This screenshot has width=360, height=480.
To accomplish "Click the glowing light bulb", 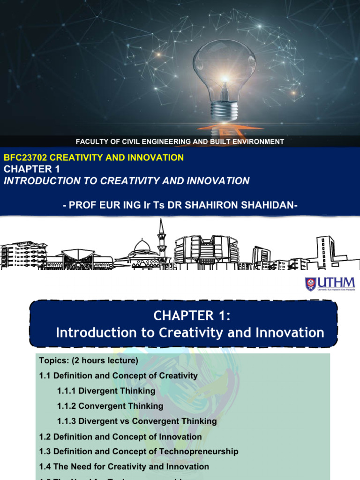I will (x=224, y=70).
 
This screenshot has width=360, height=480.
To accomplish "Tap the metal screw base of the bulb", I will (x=224, y=111).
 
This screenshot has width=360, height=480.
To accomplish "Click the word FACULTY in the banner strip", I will (x=92, y=142).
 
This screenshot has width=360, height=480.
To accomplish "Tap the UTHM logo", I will (x=330, y=284).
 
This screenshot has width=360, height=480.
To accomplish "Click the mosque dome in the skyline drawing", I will (x=142, y=246).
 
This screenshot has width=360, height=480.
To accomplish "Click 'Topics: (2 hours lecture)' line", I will (x=89, y=360).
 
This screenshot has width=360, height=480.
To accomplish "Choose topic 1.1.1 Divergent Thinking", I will (x=106, y=390).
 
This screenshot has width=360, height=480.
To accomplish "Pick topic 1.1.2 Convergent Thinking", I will (x=110, y=406).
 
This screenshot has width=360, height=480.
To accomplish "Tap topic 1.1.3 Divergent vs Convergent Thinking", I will (x=137, y=421).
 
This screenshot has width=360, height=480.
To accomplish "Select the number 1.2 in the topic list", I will (x=45, y=436).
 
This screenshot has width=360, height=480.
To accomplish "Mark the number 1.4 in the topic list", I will (x=45, y=466).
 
